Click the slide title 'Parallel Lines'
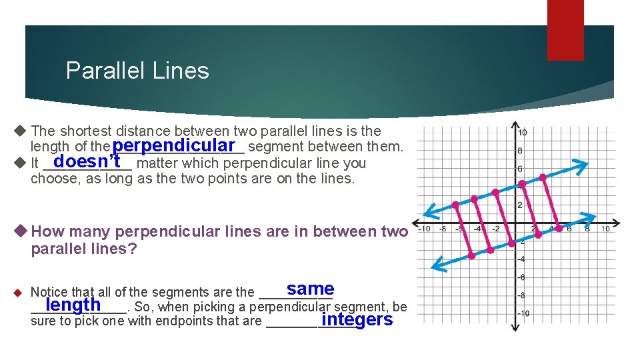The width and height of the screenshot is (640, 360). tap(137, 71)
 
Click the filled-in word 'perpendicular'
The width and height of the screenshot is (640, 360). tap(175, 145)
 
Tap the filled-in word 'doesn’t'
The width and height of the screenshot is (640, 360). tap(87, 162)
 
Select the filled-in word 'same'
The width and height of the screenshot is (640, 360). tap(310, 289)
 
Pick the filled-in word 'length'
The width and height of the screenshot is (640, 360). tap(73, 305)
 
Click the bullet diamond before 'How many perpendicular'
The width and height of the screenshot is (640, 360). tap(21, 231)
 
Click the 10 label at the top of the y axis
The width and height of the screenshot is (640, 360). tap(522, 132)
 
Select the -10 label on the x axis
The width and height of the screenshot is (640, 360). tap(423, 229)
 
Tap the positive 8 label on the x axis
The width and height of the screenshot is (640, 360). tap(586, 229)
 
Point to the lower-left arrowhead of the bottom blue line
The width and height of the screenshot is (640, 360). tap(436, 267)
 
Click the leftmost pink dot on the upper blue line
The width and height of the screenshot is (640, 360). tap(455, 205)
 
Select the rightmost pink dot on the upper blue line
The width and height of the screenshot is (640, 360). tap(543, 177)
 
